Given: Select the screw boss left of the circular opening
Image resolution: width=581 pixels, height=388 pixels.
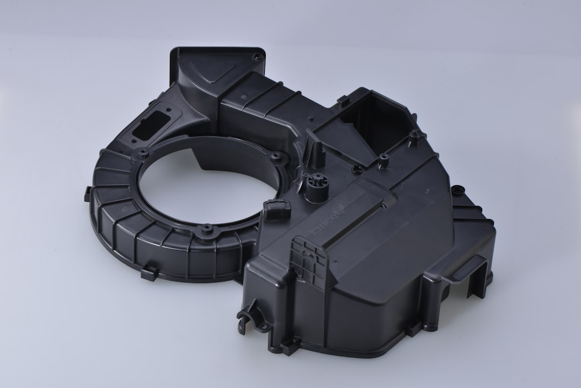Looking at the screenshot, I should pyautogui.click(x=143, y=153).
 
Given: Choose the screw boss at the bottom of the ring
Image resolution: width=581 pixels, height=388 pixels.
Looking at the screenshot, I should pyautogui.click(x=206, y=230).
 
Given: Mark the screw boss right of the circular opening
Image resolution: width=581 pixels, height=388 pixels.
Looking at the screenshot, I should pyautogui.click(x=277, y=158).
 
